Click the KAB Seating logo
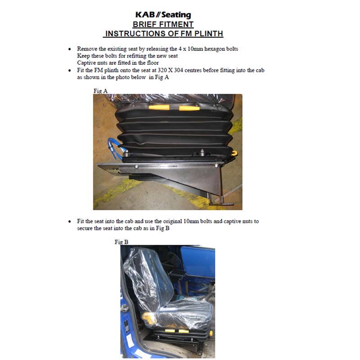[163, 15]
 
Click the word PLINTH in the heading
[209, 33]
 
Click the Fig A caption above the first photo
[100, 91]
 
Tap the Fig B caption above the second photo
[121, 242]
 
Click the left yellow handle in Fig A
[159, 108]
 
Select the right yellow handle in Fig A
[189, 108]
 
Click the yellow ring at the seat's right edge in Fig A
[234, 153]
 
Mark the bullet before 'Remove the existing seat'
[70, 49]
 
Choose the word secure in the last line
[85, 229]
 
